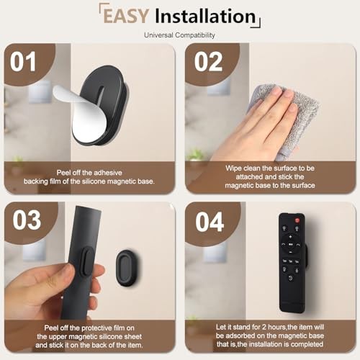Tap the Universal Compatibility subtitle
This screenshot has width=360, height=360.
[x=179, y=35]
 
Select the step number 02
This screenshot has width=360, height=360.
[x=209, y=62]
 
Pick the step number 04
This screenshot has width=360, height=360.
[x=210, y=222]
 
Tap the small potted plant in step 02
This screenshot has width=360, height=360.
[x=195, y=155]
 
